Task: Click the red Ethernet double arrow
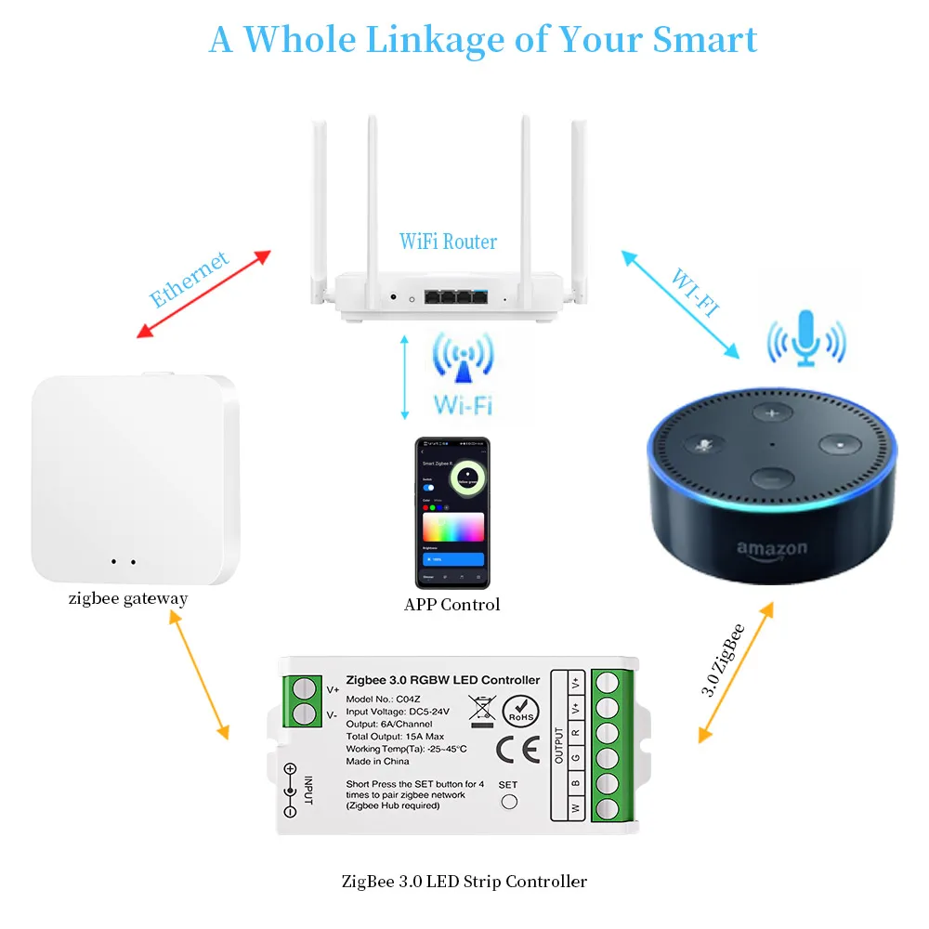coord(203,294)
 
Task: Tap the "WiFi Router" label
coord(448,242)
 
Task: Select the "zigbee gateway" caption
coord(127,598)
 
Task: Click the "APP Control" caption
coord(451,605)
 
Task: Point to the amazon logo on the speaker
coord(772,549)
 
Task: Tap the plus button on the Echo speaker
coord(769,412)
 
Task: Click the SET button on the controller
coord(508,803)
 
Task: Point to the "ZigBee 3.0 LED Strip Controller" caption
coord(464,881)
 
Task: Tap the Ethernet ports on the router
coord(454,297)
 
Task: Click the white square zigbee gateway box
coord(135,478)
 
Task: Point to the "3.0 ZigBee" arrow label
coord(725,661)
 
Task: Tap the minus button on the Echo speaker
coord(769,478)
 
